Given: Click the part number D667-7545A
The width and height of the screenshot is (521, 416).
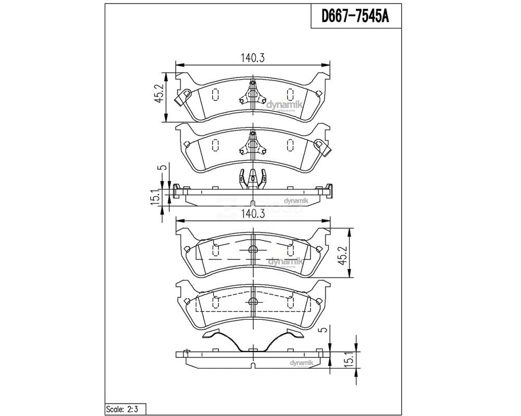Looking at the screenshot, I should pos(354,17).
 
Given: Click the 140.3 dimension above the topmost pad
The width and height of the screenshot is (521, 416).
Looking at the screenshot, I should pos(253,58).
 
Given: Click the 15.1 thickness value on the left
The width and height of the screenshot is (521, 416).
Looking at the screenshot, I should pos(155,198).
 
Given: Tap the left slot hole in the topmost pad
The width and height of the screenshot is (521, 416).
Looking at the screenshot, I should pos(215,94).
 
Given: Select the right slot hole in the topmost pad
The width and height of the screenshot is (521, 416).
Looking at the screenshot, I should pos(290,94).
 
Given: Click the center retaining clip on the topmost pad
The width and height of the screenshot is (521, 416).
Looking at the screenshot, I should pos(253,95).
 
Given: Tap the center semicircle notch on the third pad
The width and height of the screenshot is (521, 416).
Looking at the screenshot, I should pos(253,250).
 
